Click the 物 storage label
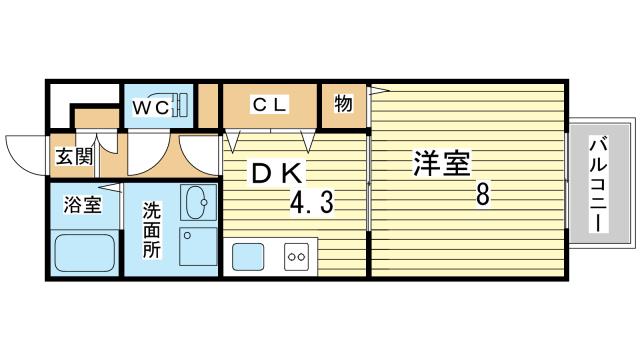click(x=343, y=103)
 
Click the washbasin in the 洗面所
click(x=198, y=203)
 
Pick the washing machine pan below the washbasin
click(x=198, y=251)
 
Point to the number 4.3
click(x=311, y=203)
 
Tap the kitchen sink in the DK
click(x=249, y=256)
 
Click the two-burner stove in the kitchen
click(x=296, y=256)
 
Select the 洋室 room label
click(x=442, y=163)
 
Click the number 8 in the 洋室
click(x=483, y=195)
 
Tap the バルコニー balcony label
click(x=598, y=185)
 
